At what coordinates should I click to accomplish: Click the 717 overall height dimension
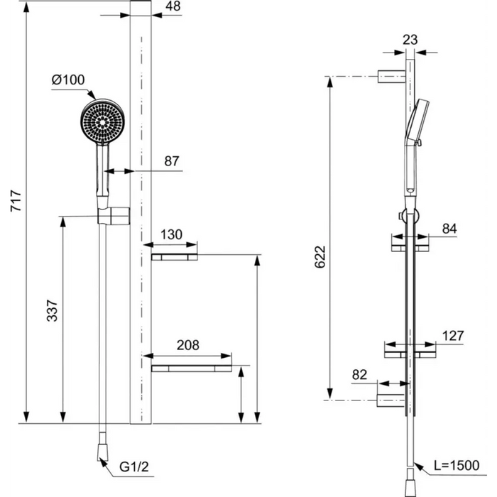point(16,201)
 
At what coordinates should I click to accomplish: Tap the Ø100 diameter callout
point(68,80)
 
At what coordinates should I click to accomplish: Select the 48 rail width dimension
point(173,6)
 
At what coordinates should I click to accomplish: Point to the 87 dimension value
point(172,161)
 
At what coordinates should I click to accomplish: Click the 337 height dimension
point(53,311)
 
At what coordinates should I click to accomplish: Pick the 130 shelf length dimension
point(171,234)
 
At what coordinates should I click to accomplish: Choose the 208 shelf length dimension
point(188,345)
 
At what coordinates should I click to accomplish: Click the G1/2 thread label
point(133,467)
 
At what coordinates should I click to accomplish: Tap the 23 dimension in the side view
point(410,40)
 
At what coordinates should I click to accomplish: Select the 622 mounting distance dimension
point(320,257)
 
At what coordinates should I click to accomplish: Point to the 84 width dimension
point(449,229)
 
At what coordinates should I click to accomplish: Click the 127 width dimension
point(453,336)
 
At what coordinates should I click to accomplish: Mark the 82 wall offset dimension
point(359,375)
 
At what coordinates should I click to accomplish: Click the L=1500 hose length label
point(457,466)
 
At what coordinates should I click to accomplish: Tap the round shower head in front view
point(102,121)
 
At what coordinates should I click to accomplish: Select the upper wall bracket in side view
point(391,77)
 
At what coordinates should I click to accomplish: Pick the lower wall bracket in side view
point(391,400)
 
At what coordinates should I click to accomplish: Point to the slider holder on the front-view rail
point(114,216)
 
